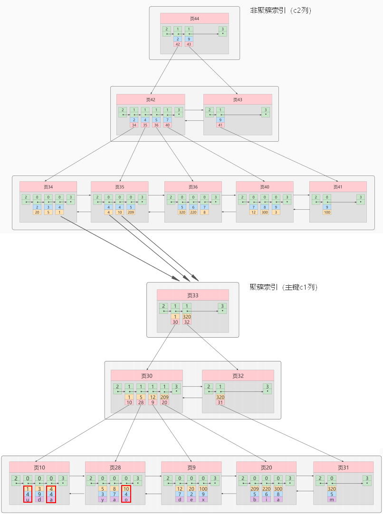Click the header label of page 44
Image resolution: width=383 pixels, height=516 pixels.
pos(194,19)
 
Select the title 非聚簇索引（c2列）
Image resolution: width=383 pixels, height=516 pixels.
pos(280,10)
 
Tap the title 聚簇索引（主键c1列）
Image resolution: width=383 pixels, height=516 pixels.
pos(284,287)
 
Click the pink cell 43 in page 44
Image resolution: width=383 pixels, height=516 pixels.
pos(189,44)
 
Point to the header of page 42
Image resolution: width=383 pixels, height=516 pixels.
pos(151,99)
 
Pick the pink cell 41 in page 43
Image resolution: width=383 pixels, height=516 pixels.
pos(220,125)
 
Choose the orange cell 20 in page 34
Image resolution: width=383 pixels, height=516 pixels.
pos(37,212)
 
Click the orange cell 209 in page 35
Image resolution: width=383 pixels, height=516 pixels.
pos(131,212)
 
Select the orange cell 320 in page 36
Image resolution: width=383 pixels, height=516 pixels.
pos(182,212)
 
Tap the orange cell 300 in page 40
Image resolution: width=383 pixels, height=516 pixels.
pos(265,212)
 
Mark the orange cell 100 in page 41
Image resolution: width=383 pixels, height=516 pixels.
pos(327,212)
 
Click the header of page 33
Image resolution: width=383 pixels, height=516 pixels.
pos(192,295)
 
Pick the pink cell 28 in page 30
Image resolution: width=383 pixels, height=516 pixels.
pos(141,402)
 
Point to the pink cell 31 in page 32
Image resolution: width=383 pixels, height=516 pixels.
pos(220,402)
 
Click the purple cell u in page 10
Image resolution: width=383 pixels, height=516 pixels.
pos(28,499)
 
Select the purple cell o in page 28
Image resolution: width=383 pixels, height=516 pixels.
pos(126,499)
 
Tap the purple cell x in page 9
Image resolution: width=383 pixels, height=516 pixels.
pos(203,499)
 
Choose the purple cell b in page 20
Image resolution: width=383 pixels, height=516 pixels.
pos(254,499)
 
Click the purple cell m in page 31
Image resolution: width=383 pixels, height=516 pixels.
pos(331,499)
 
